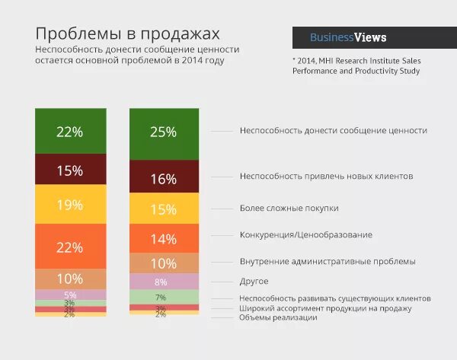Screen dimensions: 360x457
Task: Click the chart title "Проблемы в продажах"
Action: (x=128, y=34)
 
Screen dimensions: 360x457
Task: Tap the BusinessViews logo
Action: (x=348, y=37)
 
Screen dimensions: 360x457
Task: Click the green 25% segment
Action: (x=164, y=132)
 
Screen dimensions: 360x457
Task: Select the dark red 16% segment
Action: (x=164, y=179)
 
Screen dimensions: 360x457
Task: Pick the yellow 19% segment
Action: (x=70, y=205)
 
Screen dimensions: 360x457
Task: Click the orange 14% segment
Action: (x=164, y=238)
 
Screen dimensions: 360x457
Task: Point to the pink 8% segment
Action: (x=164, y=282)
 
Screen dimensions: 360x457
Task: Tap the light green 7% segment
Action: (x=164, y=297)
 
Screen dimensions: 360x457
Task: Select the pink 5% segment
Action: (x=70, y=295)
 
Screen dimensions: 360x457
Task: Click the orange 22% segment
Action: (x=70, y=247)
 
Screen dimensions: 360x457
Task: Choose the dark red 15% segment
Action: (x=70, y=170)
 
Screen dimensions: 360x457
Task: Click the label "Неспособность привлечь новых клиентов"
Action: (x=326, y=176)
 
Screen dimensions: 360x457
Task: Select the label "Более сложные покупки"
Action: (x=289, y=208)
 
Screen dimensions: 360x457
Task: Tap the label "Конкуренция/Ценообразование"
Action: (x=305, y=234)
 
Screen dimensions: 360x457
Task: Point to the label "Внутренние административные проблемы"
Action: (x=328, y=261)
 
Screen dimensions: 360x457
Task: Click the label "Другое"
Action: (x=254, y=281)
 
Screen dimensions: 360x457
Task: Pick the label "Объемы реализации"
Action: (x=278, y=317)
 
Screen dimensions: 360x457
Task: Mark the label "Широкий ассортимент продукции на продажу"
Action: (x=325, y=308)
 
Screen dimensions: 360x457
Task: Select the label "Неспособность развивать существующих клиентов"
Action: (x=335, y=298)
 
